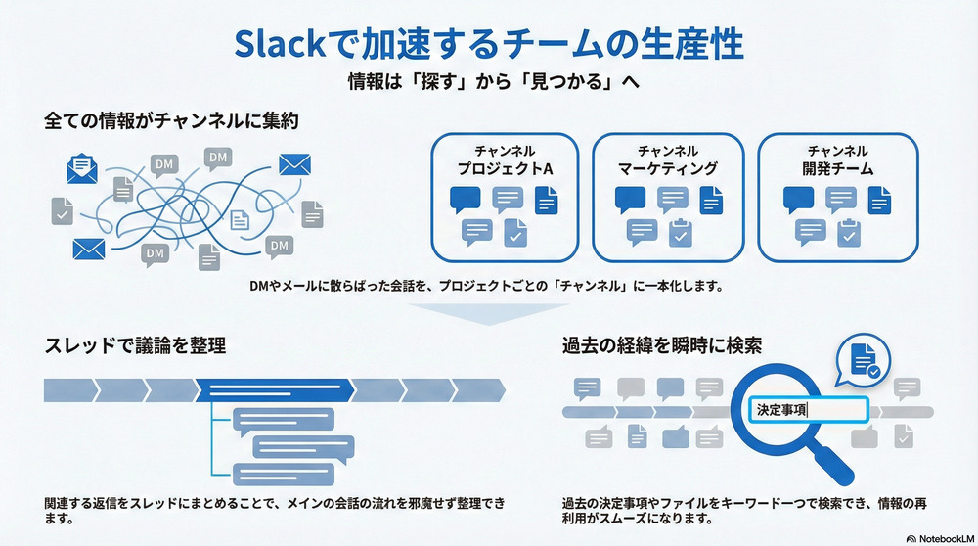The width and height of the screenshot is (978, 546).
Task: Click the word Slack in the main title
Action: [283, 46]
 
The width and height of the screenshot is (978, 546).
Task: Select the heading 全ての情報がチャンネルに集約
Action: [170, 121]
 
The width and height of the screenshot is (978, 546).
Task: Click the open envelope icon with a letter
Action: [82, 169]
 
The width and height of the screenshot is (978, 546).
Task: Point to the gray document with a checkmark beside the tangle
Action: [63, 210]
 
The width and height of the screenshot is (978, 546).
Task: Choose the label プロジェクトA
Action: [505, 169]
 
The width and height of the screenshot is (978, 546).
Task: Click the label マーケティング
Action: [667, 169]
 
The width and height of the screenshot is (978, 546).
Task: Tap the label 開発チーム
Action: [837, 169]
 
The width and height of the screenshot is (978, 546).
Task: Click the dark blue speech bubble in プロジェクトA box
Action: [467, 200]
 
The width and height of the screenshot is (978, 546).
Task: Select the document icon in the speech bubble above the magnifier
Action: [863, 361]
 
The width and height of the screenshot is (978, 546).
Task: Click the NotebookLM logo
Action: [938, 536]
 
